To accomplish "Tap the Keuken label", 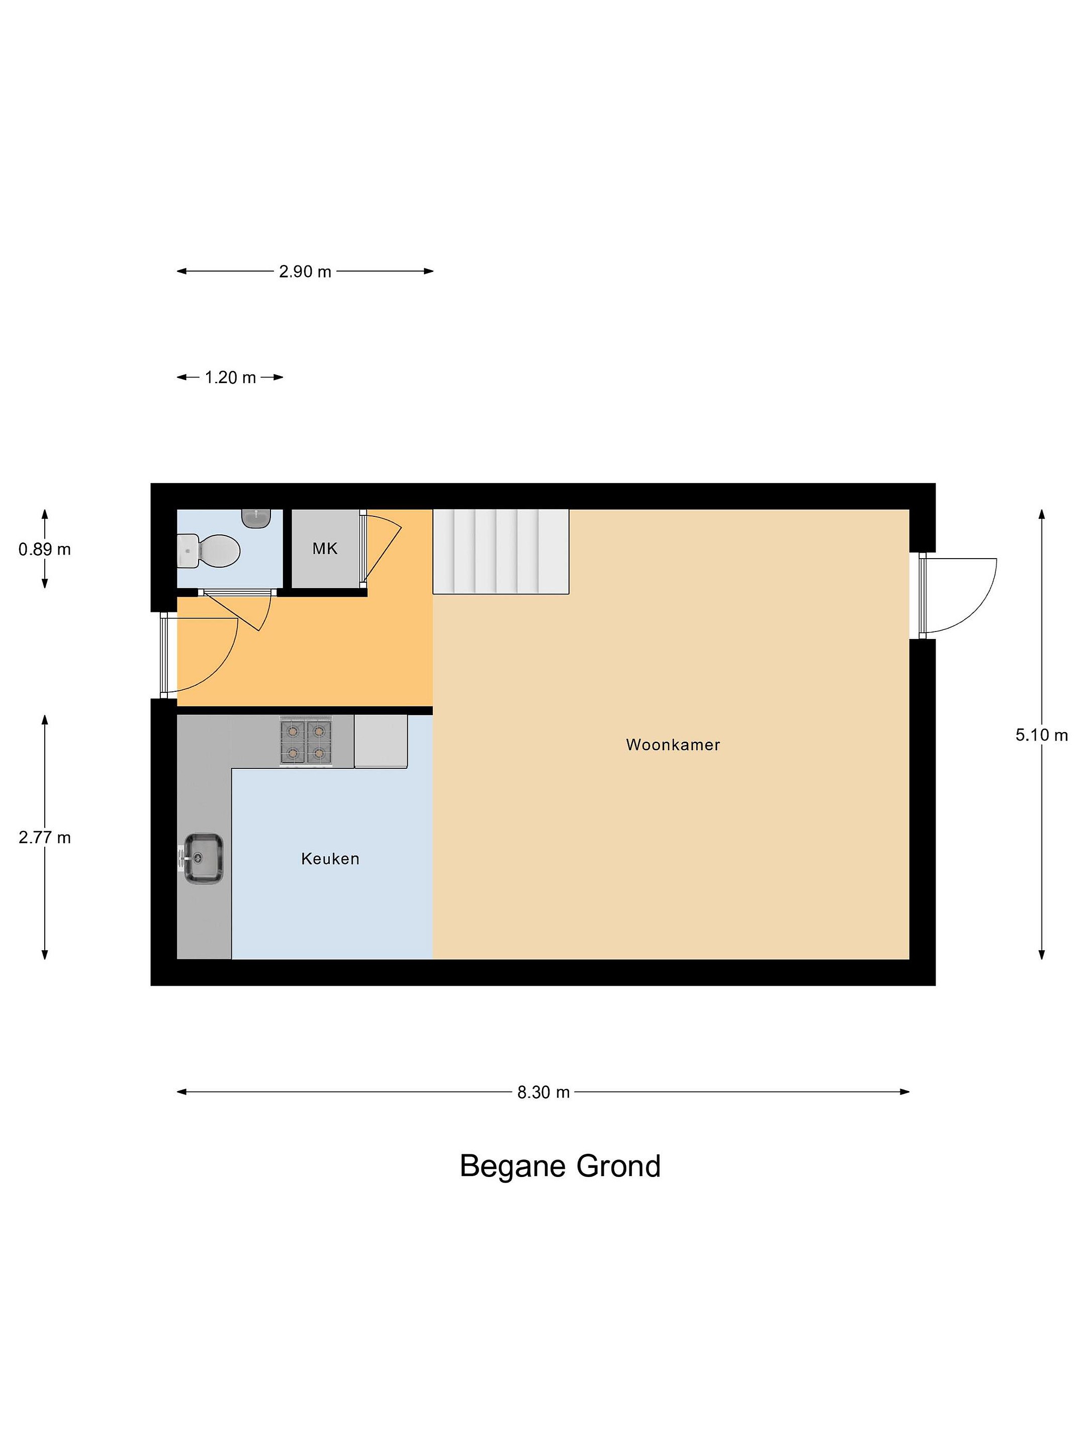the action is (x=330, y=858).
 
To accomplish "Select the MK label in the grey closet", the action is (x=325, y=549).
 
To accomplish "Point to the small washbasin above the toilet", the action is (x=256, y=518).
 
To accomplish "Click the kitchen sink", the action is (x=203, y=858).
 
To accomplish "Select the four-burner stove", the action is (x=306, y=741).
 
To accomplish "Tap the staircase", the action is (x=501, y=551).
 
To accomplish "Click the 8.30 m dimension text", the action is (x=544, y=1092).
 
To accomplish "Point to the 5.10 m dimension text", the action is (x=1041, y=735).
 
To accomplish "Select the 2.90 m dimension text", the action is (x=305, y=271).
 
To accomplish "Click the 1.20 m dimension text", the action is (x=230, y=378).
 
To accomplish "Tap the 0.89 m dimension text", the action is (x=45, y=549).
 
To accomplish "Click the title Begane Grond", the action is (x=561, y=1166).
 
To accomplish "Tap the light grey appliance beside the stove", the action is (x=381, y=741).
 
